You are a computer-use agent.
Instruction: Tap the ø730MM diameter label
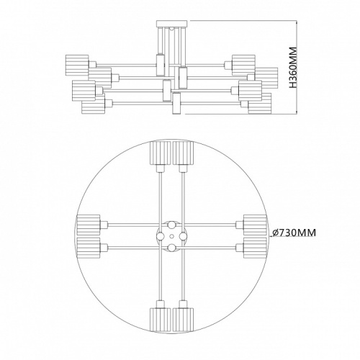point(295,233)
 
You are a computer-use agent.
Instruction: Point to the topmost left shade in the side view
point(77,62)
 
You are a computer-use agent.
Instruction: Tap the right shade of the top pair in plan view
point(184,153)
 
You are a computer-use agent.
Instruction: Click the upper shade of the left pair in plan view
point(88,223)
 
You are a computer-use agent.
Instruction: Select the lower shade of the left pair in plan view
point(88,248)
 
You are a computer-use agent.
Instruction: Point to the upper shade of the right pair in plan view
point(254,223)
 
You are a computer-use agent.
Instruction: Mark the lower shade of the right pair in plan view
point(254,248)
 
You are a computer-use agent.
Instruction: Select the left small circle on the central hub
point(161,235)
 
